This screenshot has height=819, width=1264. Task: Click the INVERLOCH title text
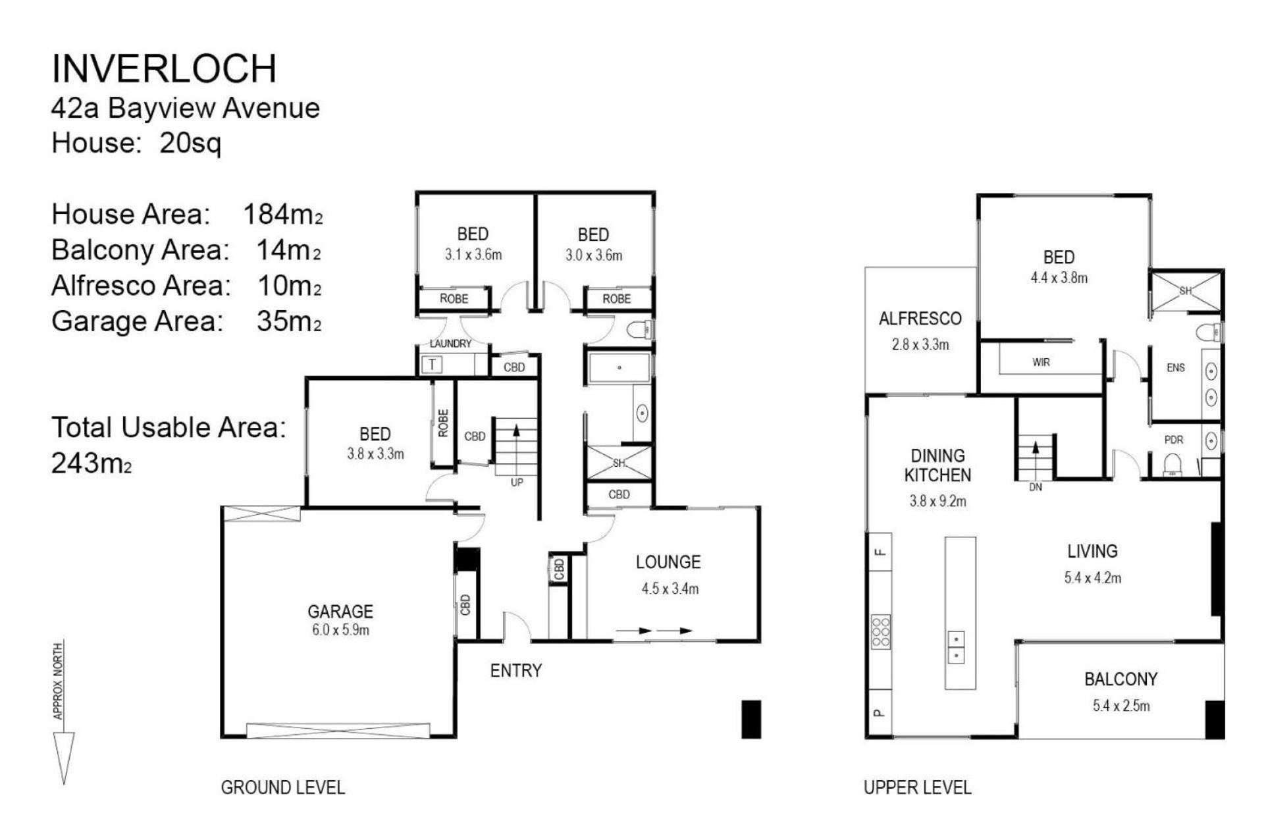click(x=164, y=68)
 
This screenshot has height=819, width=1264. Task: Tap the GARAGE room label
click(x=340, y=612)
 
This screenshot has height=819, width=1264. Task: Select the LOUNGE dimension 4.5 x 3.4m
click(x=670, y=589)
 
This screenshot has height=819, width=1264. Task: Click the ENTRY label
click(x=516, y=671)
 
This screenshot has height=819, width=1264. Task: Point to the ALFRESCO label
click(x=920, y=319)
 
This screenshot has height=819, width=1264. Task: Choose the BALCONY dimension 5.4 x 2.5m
click(x=1121, y=706)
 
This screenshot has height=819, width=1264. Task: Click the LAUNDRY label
click(x=450, y=344)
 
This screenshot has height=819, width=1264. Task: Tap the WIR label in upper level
click(x=1041, y=362)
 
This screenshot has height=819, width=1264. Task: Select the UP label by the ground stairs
click(x=517, y=483)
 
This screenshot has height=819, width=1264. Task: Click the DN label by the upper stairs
click(x=1036, y=487)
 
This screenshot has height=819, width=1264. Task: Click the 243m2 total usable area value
click(x=92, y=463)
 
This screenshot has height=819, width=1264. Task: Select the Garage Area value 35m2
click(x=289, y=321)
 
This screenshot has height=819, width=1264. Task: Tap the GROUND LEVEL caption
click(x=283, y=787)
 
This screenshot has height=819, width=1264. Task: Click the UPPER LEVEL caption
click(x=917, y=787)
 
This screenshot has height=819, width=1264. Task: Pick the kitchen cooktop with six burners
click(x=881, y=631)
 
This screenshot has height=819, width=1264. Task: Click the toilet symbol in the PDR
click(x=1172, y=465)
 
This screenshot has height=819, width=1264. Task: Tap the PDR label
click(x=1174, y=440)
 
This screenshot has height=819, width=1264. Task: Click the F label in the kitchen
click(x=881, y=552)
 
